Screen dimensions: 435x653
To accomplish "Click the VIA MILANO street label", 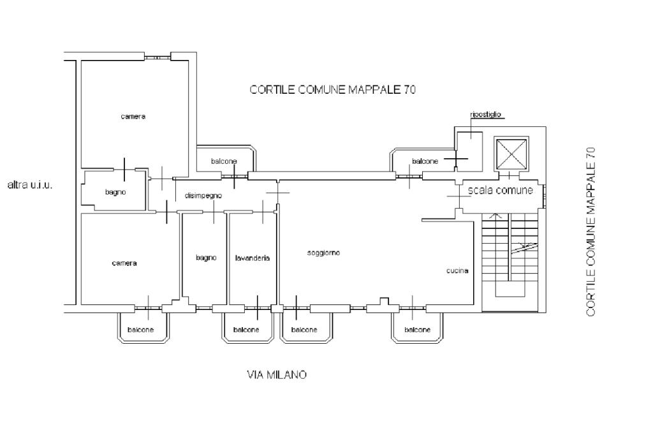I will [x=276, y=375].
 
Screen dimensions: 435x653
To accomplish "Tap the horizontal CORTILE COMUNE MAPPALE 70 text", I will [x=332, y=90].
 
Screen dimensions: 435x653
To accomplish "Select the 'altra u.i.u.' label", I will [x=29, y=186].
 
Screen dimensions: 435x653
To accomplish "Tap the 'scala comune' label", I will [x=500, y=190].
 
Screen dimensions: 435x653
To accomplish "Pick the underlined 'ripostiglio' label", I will [x=486, y=115].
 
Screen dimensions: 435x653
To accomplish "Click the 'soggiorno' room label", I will [x=323, y=253].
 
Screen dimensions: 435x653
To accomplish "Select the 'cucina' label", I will [x=457, y=270].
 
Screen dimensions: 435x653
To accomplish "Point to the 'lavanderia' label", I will [x=252, y=258].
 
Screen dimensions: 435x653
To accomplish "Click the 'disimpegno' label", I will [x=203, y=196].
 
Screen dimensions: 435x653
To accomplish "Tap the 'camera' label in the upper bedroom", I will [x=133, y=117].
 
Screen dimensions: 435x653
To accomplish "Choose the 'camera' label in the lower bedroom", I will [x=124, y=263].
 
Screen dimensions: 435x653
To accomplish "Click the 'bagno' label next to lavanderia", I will [x=206, y=258].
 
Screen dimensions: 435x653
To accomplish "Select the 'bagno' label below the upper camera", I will [x=115, y=192].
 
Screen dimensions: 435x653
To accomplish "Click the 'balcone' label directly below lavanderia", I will [x=246, y=330].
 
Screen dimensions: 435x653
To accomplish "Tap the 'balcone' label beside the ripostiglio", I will [x=425, y=161].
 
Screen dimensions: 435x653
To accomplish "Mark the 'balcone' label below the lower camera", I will [x=140, y=330].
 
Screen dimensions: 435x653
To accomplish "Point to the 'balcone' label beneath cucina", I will [x=417, y=330].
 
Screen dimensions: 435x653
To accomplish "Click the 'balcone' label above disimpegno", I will [x=224, y=161].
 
